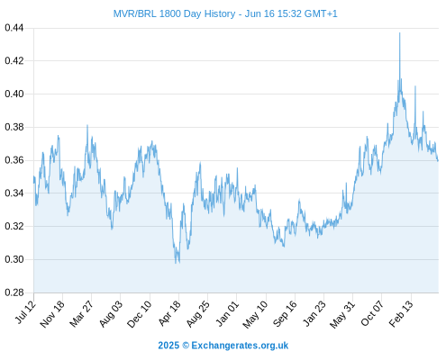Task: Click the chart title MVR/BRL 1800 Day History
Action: (174, 13)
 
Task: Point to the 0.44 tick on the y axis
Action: (14, 28)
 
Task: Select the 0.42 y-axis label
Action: (14, 61)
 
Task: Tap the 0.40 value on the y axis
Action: (14, 94)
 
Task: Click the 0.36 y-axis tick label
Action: (14, 160)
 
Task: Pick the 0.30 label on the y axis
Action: (14, 259)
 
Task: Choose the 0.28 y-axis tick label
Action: (14, 292)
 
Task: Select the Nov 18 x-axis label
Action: (52, 314)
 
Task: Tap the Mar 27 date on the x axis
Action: (81, 313)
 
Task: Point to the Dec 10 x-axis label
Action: (140, 314)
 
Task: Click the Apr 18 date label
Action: (169, 313)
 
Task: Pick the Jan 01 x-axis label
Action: (227, 313)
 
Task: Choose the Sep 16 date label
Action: (285, 313)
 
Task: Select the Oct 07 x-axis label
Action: (372, 313)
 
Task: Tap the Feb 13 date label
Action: (401, 314)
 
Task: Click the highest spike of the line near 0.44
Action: (399, 32)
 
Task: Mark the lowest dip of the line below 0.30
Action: (176, 263)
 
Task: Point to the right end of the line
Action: (438, 161)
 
